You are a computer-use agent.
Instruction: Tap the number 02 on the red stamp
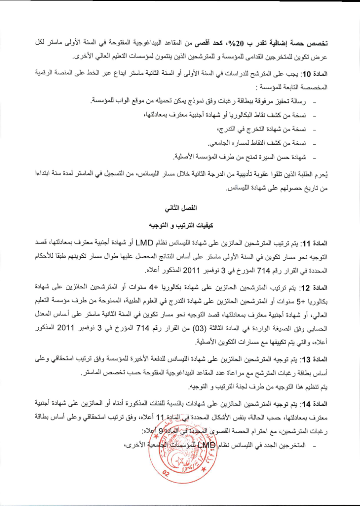[x=166, y=473]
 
